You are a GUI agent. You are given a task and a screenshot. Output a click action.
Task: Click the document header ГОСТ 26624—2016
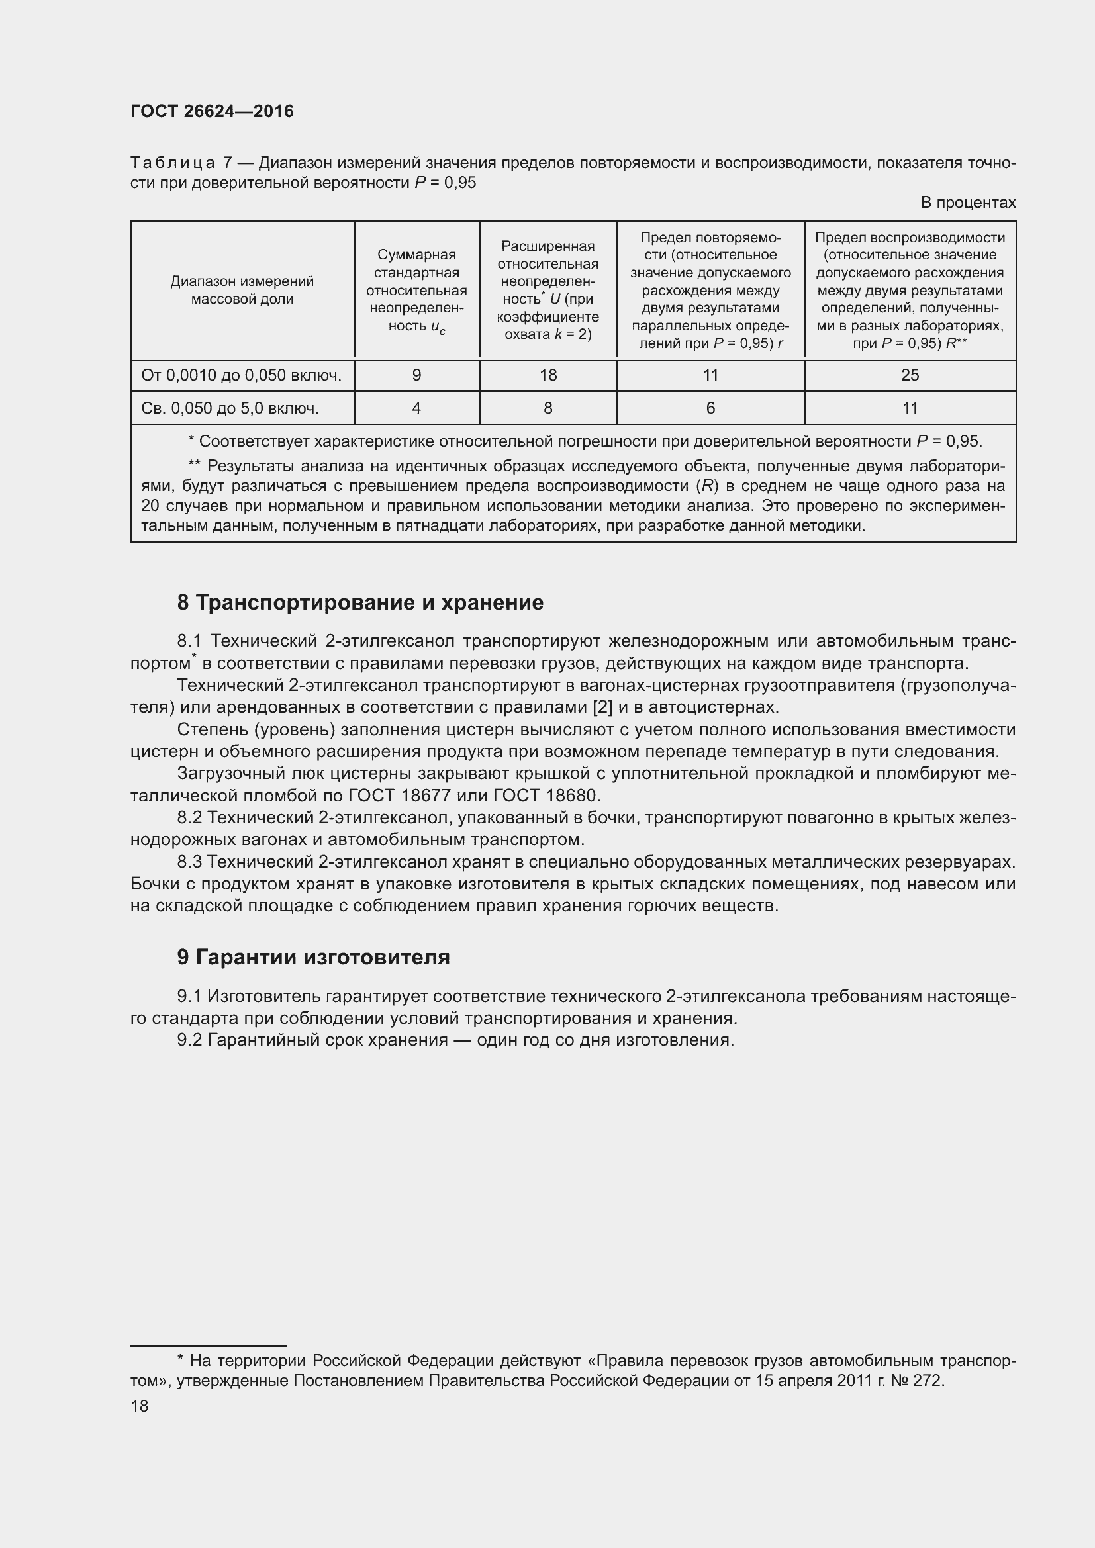pyautogui.click(x=212, y=111)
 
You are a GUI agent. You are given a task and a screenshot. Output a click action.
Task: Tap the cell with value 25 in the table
pyautogui.click(x=910, y=375)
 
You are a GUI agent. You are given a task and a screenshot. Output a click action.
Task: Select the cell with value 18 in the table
pyautogui.click(x=547, y=375)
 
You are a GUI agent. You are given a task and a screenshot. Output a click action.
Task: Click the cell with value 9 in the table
pyautogui.click(x=416, y=375)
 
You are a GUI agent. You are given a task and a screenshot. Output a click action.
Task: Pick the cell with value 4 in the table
pyautogui.click(x=416, y=408)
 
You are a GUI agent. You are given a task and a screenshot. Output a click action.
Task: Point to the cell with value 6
pyautogui.click(x=710, y=408)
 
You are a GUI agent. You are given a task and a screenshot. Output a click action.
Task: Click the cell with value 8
pyautogui.click(x=547, y=408)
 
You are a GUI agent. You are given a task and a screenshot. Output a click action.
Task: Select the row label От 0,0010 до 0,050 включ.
pyautogui.click(x=242, y=375)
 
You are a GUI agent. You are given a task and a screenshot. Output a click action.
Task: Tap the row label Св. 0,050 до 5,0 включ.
pyautogui.click(x=230, y=408)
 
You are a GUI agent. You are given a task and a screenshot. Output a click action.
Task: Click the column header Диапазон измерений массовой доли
pyautogui.click(x=242, y=290)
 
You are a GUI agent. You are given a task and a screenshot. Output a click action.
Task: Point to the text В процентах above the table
pyautogui.click(x=968, y=203)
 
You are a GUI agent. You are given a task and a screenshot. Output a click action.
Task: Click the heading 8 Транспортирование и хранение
pyautogui.click(x=360, y=602)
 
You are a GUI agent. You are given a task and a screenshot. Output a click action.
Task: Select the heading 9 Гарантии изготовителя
pyautogui.click(x=314, y=958)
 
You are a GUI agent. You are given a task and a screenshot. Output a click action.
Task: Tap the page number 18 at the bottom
pyautogui.click(x=140, y=1406)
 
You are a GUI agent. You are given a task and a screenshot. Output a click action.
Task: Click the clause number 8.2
pyautogui.click(x=189, y=818)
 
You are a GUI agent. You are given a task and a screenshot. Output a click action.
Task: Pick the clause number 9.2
pyautogui.click(x=189, y=1040)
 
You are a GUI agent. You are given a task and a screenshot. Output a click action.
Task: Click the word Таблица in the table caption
pyautogui.click(x=173, y=163)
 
